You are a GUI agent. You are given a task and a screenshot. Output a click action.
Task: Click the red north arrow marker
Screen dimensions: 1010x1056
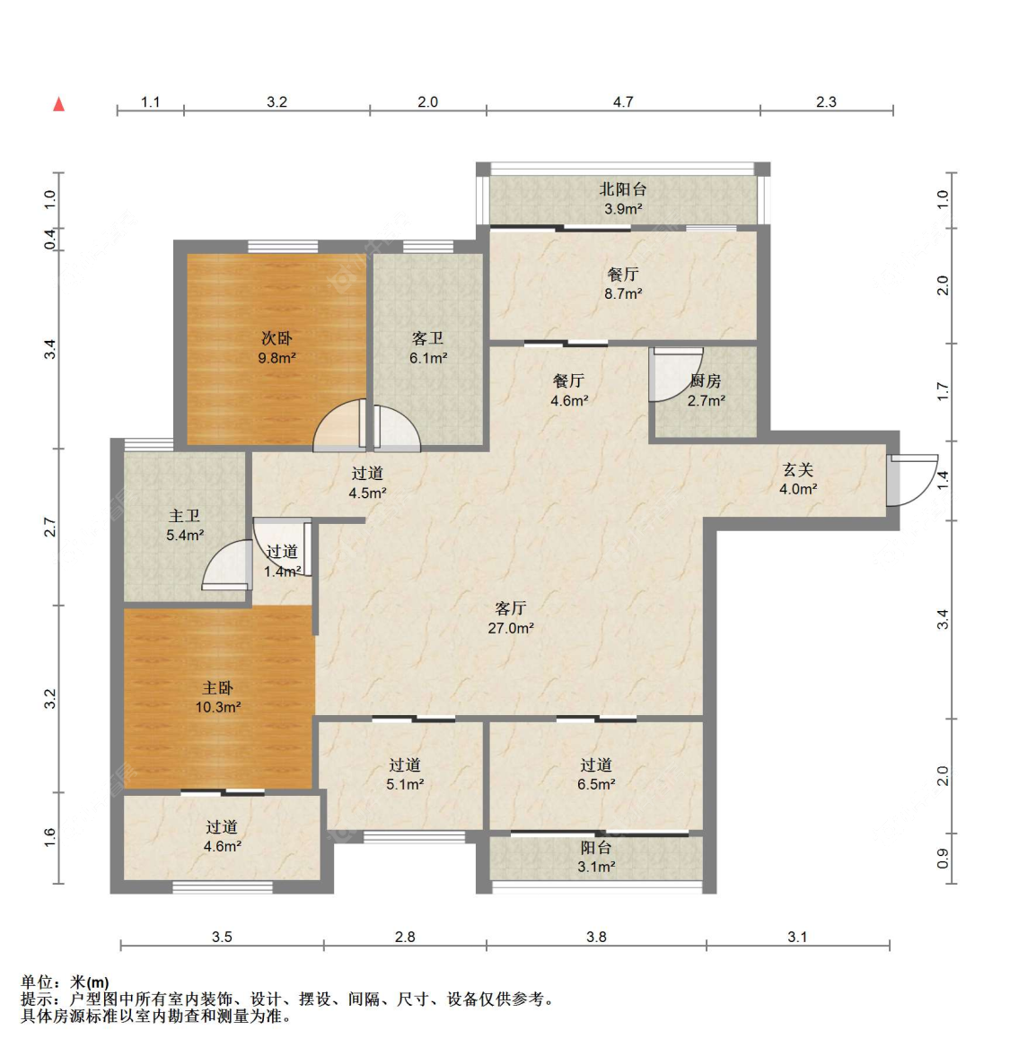tap(59, 104)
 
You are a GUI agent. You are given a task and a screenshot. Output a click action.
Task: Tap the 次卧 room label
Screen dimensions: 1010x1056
tap(277, 338)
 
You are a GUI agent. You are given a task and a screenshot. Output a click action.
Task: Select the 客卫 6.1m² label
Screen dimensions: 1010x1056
tap(428, 347)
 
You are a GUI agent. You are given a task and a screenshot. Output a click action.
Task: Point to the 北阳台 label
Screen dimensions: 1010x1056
tap(623, 189)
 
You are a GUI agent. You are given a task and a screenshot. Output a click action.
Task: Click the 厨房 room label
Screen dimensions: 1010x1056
tap(707, 380)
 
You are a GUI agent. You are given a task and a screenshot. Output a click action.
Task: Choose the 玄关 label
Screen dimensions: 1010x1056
tap(798, 469)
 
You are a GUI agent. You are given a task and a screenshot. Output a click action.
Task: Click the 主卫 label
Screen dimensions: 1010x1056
tap(185, 516)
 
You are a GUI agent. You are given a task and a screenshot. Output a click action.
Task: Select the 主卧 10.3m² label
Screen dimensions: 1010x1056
tap(218, 697)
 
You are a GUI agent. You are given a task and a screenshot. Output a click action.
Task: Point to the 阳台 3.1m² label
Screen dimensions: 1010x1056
tap(596, 858)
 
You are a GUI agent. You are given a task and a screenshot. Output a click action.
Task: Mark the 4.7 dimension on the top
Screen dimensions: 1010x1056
tap(623, 101)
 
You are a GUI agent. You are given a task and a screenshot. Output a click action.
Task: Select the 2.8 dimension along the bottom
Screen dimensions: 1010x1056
tap(405, 937)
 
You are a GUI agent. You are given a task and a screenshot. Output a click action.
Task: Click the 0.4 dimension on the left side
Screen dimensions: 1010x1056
tap(50, 239)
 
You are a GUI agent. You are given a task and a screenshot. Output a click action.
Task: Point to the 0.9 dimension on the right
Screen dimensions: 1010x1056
tap(943, 859)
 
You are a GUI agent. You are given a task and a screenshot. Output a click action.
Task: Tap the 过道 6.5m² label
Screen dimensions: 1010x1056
tap(596, 774)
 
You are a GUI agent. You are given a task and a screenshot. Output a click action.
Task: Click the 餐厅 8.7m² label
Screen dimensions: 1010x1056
tap(623, 284)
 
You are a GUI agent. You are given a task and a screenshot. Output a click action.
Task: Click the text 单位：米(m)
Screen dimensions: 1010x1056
tap(65, 982)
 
